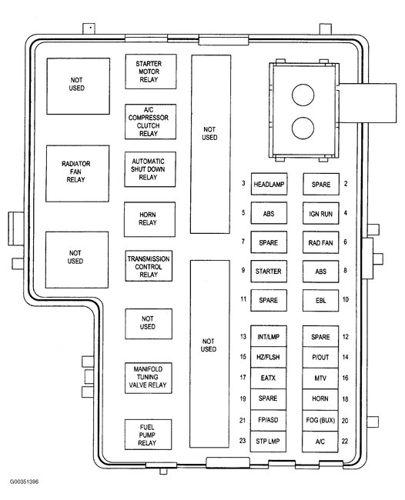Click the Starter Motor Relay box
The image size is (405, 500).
(x=151, y=72)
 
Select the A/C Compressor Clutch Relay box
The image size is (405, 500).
(x=150, y=122)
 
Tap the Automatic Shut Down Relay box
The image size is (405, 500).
(x=150, y=169)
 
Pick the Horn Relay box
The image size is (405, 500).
(x=149, y=219)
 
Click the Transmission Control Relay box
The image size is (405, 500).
(x=149, y=266)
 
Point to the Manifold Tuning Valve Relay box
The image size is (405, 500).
(x=149, y=378)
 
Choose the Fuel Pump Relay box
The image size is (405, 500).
(x=148, y=435)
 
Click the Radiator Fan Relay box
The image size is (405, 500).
(x=78, y=174)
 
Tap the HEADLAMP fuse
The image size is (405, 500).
(x=269, y=184)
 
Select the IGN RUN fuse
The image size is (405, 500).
(x=321, y=213)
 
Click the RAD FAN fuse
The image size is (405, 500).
(x=321, y=242)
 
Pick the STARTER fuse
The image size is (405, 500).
(x=269, y=272)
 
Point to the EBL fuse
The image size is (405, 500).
(x=321, y=300)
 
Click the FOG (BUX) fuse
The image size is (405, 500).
(x=320, y=421)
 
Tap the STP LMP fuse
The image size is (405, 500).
(x=268, y=442)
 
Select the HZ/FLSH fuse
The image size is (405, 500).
(x=269, y=357)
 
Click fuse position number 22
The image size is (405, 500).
(x=345, y=442)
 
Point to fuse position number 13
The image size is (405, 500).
(x=243, y=336)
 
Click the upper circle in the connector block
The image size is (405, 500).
(x=303, y=95)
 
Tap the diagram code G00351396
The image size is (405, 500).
(x=24, y=482)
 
